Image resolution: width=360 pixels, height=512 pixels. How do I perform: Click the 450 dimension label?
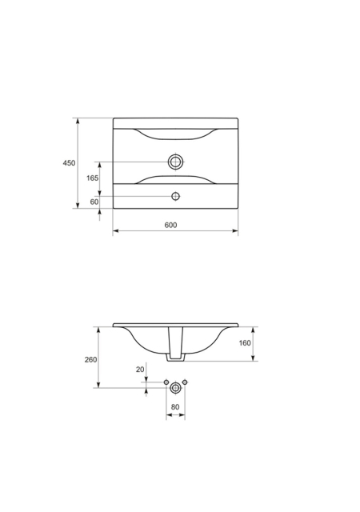tap(69, 162)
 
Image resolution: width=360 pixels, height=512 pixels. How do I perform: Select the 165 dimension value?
tap(93, 178)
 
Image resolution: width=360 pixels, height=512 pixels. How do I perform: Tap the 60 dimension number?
tap(94, 202)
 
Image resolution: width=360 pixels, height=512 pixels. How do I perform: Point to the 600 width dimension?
tap(170, 225)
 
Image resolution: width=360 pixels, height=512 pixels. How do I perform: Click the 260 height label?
tap(91, 359)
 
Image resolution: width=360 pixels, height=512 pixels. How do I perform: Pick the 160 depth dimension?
tap(245, 343)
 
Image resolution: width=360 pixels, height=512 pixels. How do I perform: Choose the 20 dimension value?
tap(140, 370)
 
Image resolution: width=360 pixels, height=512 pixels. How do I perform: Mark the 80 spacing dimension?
tap(175, 407)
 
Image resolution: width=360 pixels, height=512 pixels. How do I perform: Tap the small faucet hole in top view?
tap(176, 196)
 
